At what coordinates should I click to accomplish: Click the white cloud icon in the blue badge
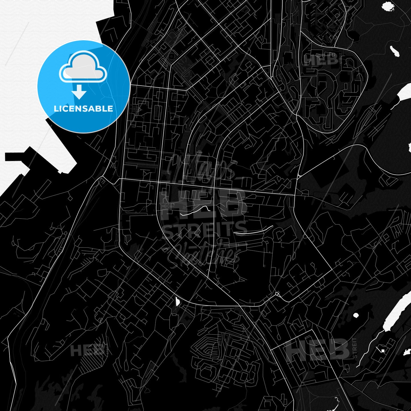83,67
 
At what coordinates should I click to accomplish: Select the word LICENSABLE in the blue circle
83,108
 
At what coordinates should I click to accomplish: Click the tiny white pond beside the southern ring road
178,301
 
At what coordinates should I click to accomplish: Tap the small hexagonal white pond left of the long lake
356,315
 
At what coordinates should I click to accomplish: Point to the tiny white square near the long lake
383,350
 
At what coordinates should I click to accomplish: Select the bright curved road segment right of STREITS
254,231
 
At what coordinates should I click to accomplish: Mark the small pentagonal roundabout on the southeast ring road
277,294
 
